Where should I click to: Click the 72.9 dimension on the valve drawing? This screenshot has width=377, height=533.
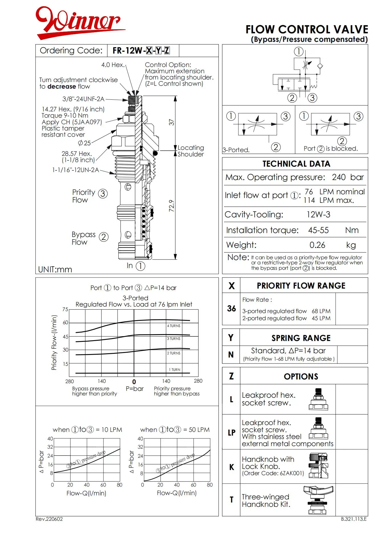[171, 206]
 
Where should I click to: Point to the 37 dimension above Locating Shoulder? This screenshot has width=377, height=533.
[171, 122]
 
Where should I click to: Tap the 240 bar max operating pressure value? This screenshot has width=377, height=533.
[348, 177]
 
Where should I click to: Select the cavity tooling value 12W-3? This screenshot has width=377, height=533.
[318, 215]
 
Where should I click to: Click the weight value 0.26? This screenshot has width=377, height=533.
[317, 245]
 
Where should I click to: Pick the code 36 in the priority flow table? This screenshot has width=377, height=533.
[231, 309]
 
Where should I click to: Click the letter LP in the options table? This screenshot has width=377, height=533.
[231, 432]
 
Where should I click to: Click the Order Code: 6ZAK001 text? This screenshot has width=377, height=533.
[273, 473]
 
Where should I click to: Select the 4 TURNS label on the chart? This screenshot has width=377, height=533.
[174, 326]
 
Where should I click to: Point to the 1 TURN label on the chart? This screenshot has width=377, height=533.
[175, 370]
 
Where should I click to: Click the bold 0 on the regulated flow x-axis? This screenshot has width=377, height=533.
[134, 382]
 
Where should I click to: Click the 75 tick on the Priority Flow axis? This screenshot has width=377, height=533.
[65, 309]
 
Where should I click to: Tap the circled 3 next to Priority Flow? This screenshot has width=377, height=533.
[103, 194]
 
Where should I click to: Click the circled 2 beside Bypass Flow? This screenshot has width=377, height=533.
[104, 237]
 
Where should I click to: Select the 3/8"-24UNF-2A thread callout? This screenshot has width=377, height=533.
[83, 99]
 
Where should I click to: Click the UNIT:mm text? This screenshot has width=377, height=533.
[55, 269]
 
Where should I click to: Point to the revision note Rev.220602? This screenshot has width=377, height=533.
[49, 519]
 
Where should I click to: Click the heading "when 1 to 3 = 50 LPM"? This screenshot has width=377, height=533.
[175, 430]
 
